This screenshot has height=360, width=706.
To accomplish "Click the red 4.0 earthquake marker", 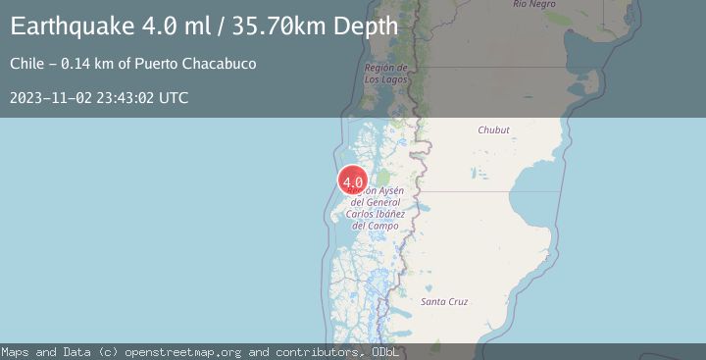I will tap(353, 181).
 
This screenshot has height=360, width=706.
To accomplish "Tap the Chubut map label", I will tap(493, 129).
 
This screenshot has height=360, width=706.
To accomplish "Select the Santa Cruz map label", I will tap(444, 301).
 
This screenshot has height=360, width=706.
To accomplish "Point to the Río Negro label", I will tap(534, 5).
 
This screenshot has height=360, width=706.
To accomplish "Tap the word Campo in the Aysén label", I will tap(382, 226).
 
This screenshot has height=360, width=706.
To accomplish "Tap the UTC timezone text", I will tap(175, 98).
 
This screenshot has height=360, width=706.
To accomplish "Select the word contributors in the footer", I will tap(312, 351).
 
